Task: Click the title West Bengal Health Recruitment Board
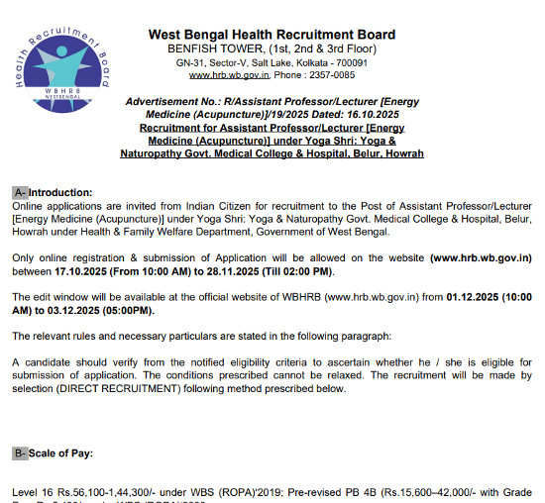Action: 272,35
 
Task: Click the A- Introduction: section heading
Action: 53,192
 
